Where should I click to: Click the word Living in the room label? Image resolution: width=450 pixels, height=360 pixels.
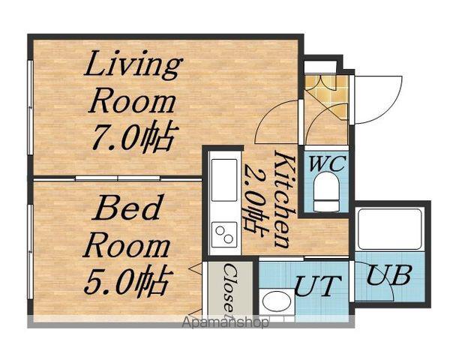pos(133,65)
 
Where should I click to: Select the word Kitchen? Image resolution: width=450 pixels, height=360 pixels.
pos(285,199)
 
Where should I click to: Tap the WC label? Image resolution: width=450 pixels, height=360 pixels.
pos(327,164)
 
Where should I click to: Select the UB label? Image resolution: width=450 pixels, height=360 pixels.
pos(389,275)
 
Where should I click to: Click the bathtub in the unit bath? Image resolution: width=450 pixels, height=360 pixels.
pos(389,229)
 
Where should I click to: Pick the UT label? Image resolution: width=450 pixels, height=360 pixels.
pos(318,286)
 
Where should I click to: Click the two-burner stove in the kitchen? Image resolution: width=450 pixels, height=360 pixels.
pos(224,234)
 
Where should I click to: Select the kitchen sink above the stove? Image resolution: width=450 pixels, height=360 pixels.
pos(224,180)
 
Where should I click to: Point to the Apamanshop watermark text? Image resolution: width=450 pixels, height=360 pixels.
pos(226,322)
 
